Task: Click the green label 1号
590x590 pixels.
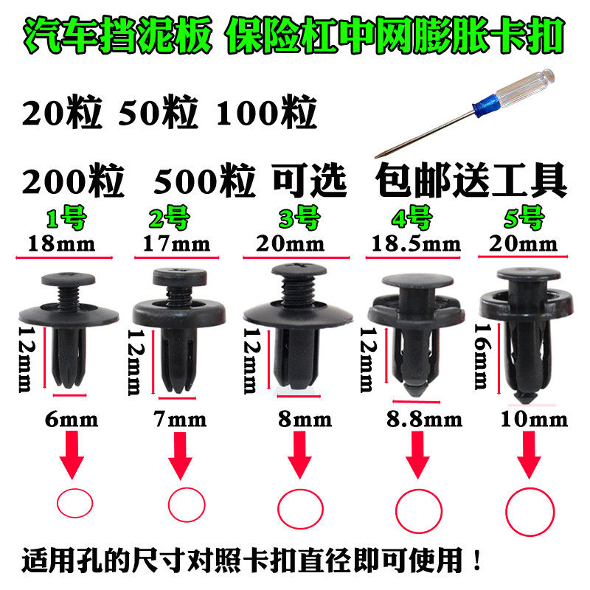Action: click(x=66, y=219)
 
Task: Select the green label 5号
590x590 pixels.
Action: click(x=525, y=218)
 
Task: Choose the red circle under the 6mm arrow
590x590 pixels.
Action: click(x=75, y=504)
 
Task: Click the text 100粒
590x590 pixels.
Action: click(x=266, y=114)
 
